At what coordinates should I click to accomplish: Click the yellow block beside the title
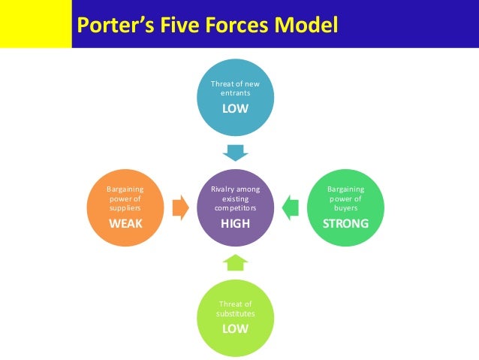pyautogui.click(x=35, y=24)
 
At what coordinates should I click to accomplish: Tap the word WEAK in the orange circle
pyautogui.click(x=126, y=224)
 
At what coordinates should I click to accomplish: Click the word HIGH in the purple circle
pyautogui.click(x=236, y=224)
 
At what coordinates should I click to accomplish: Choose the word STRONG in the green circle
pyautogui.click(x=345, y=224)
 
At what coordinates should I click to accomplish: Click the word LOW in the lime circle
pyautogui.click(x=235, y=329)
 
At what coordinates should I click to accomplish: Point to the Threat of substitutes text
pyautogui.click(x=235, y=309)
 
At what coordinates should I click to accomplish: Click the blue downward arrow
pyautogui.click(x=236, y=153)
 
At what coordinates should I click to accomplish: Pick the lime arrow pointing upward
pyautogui.click(x=236, y=262)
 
